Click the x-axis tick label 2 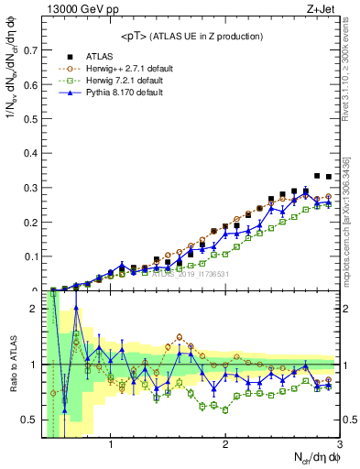point(225,445)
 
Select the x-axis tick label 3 point(339,445)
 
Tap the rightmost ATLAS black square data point point(329,177)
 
